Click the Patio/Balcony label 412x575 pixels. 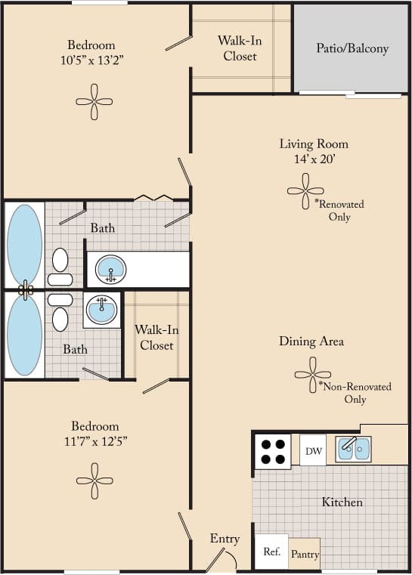[x=352, y=48]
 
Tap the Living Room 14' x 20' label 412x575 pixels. [x=314, y=150]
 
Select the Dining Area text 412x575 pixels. [x=311, y=342]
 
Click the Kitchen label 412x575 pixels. [x=342, y=502]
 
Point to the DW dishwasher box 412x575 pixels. [x=314, y=452]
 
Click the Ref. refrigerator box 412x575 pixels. [x=271, y=552]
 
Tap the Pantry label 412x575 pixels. [x=305, y=555]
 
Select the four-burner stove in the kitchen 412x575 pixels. [x=272, y=451]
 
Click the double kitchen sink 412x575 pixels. [x=352, y=449]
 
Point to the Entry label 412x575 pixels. [x=225, y=539]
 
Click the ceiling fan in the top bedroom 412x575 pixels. [x=94, y=101]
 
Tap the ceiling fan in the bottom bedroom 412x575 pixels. [x=94, y=481]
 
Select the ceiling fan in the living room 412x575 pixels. [x=305, y=191]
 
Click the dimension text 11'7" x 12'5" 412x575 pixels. [x=94, y=442]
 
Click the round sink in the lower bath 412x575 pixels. [x=101, y=308]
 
